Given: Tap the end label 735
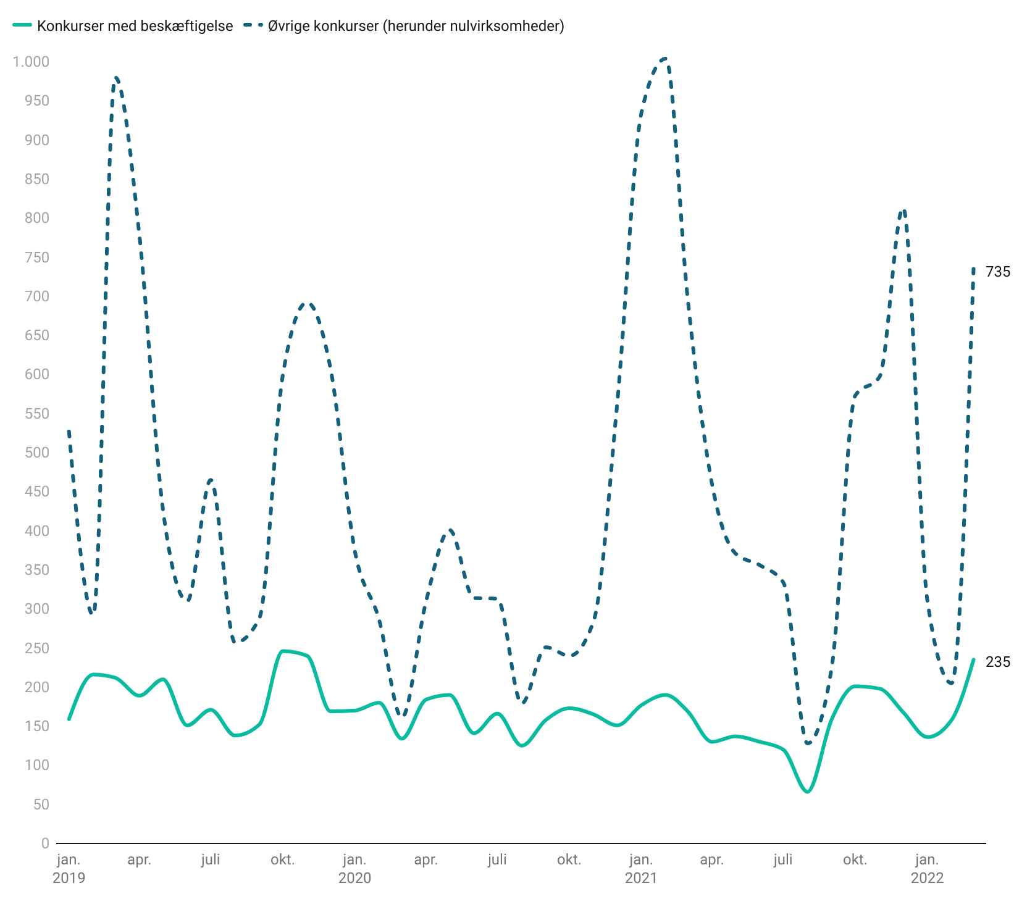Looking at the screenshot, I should (x=998, y=272).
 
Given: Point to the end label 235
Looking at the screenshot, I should (x=998, y=662).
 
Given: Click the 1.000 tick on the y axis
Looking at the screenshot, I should (x=31, y=62).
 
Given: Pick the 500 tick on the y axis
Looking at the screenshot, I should (x=36, y=453).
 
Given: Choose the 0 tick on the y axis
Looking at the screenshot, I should (x=44, y=843).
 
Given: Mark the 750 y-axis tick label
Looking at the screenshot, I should (x=36, y=257).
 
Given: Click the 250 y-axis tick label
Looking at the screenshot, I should (x=36, y=648).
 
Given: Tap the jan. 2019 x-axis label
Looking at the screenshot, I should (x=69, y=868).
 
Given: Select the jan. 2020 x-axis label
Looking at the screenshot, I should (x=354, y=868).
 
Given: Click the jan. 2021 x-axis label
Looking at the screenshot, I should (x=640, y=868).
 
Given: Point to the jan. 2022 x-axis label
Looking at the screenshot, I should (x=927, y=868).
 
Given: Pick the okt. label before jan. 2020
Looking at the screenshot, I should (x=283, y=859).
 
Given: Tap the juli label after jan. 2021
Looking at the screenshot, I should (x=783, y=859).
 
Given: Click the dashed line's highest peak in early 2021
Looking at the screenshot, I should (x=664, y=59).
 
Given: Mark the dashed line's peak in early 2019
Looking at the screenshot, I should (x=116, y=78).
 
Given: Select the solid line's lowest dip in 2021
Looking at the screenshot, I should (x=807, y=792).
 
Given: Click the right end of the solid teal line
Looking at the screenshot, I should (x=974, y=659).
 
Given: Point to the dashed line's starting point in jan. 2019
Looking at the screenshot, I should (x=69, y=430).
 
